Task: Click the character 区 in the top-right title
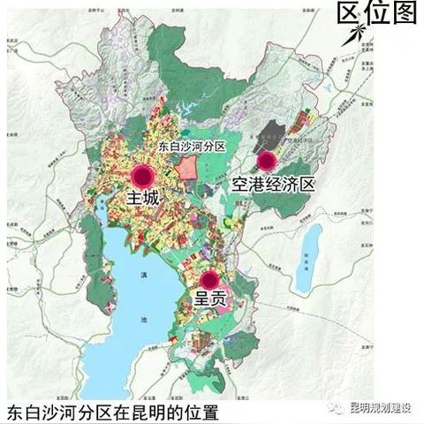(x=351, y=14)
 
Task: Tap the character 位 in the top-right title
(x=378, y=14)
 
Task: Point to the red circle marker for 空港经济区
(x=267, y=161)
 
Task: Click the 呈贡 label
(x=209, y=299)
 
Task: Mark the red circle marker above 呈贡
(x=208, y=279)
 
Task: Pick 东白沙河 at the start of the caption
(x=40, y=413)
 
